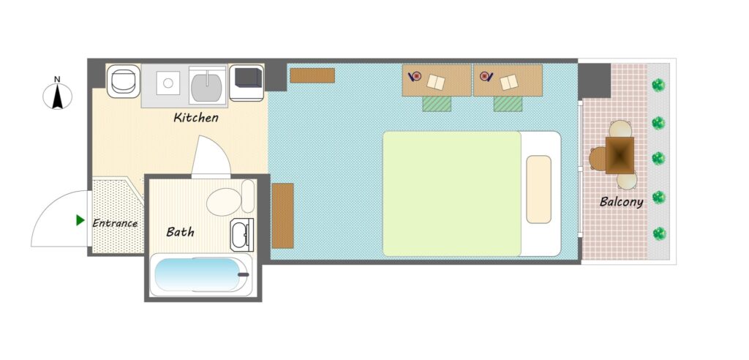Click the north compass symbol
[x=57, y=96]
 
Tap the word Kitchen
[x=196, y=118]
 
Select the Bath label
[x=180, y=233]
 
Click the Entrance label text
[x=115, y=223]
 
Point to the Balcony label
[x=622, y=202]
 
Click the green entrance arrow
[x=80, y=220]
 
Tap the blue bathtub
[x=198, y=274]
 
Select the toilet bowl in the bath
[x=224, y=202]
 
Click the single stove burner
[x=168, y=83]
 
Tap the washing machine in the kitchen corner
[x=123, y=81]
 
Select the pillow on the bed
[x=539, y=190]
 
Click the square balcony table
[x=620, y=155]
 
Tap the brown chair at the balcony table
[x=597, y=159]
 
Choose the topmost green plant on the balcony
[x=659, y=86]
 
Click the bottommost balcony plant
[x=659, y=234]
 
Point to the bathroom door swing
[x=211, y=157]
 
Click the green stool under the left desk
[x=437, y=104]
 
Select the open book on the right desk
[x=509, y=82]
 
